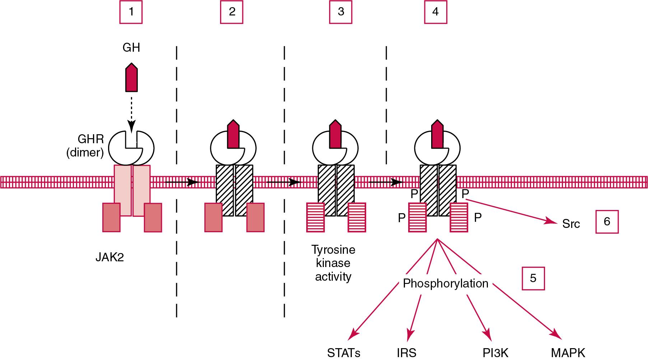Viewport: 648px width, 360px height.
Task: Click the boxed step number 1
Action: [131, 12]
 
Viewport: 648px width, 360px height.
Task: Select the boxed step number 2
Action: [232, 12]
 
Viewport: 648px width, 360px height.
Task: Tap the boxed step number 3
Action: [341, 12]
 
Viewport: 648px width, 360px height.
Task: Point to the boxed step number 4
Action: [435, 12]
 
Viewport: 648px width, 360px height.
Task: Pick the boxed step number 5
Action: [533, 278]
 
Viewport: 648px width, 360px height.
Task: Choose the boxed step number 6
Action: [607, 222]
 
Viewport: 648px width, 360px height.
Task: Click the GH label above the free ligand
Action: [131, 47]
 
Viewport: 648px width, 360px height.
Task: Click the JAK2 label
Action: [109, 258]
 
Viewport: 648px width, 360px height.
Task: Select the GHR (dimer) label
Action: [85, 146]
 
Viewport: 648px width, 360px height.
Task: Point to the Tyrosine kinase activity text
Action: [333, 263]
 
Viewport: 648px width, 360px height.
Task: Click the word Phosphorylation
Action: [446, 284]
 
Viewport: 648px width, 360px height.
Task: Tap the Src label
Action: [571, 224]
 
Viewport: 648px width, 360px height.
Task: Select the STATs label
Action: [344, 353]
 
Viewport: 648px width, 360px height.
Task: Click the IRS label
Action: [407, 353]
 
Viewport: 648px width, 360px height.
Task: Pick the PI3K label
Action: [496, 353]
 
